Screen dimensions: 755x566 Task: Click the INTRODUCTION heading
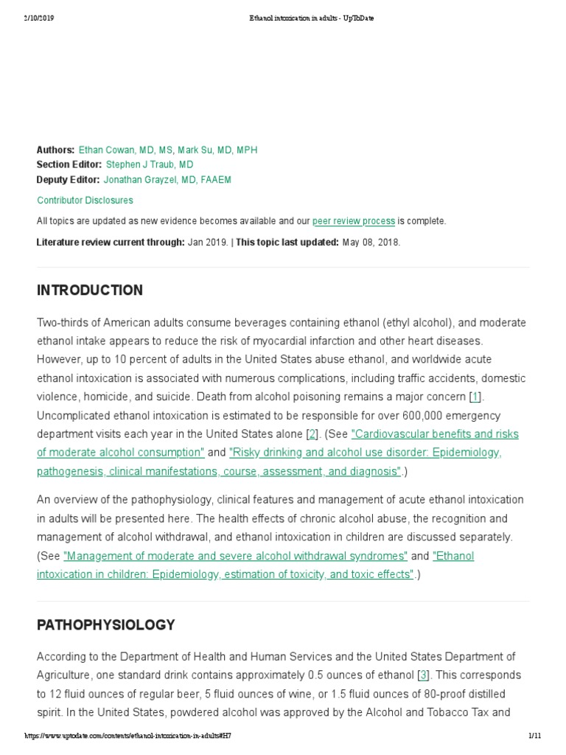[90, 290]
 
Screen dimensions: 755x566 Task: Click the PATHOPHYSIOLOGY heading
[106, 625]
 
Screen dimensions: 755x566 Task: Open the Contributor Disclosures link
[85, 200]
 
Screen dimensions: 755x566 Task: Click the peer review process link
[354, 220]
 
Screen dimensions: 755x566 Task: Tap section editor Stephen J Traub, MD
[150, 164]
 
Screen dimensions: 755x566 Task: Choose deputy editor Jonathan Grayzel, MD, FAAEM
[167, 179]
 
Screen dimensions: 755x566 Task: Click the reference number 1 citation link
[475, 397]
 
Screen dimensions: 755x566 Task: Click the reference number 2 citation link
[312, 434]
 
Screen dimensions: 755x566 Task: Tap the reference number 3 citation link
[423, 675]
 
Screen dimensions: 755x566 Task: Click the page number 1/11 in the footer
[535, 737]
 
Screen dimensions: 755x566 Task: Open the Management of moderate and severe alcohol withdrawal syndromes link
[236, 555]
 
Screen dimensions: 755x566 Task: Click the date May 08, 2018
[371, 242]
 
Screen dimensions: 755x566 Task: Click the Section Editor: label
[69, 164]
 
